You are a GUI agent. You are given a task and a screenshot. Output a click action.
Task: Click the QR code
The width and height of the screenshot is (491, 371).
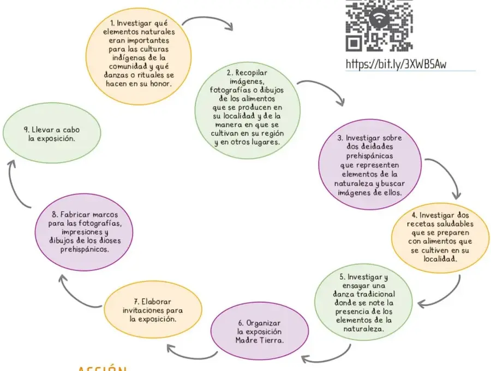379,26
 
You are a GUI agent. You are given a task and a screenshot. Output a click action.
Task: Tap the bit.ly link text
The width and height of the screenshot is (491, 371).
396,64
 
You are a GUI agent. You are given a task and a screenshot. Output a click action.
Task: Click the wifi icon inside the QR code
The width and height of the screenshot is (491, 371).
379,18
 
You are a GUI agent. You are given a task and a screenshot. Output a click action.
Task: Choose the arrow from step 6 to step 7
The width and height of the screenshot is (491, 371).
191,356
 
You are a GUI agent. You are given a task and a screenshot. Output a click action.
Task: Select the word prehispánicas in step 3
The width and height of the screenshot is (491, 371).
369,156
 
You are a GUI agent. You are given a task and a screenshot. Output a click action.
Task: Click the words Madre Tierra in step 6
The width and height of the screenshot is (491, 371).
260,340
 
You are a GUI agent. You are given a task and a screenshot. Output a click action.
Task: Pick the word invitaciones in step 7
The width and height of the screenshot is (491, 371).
143,310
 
